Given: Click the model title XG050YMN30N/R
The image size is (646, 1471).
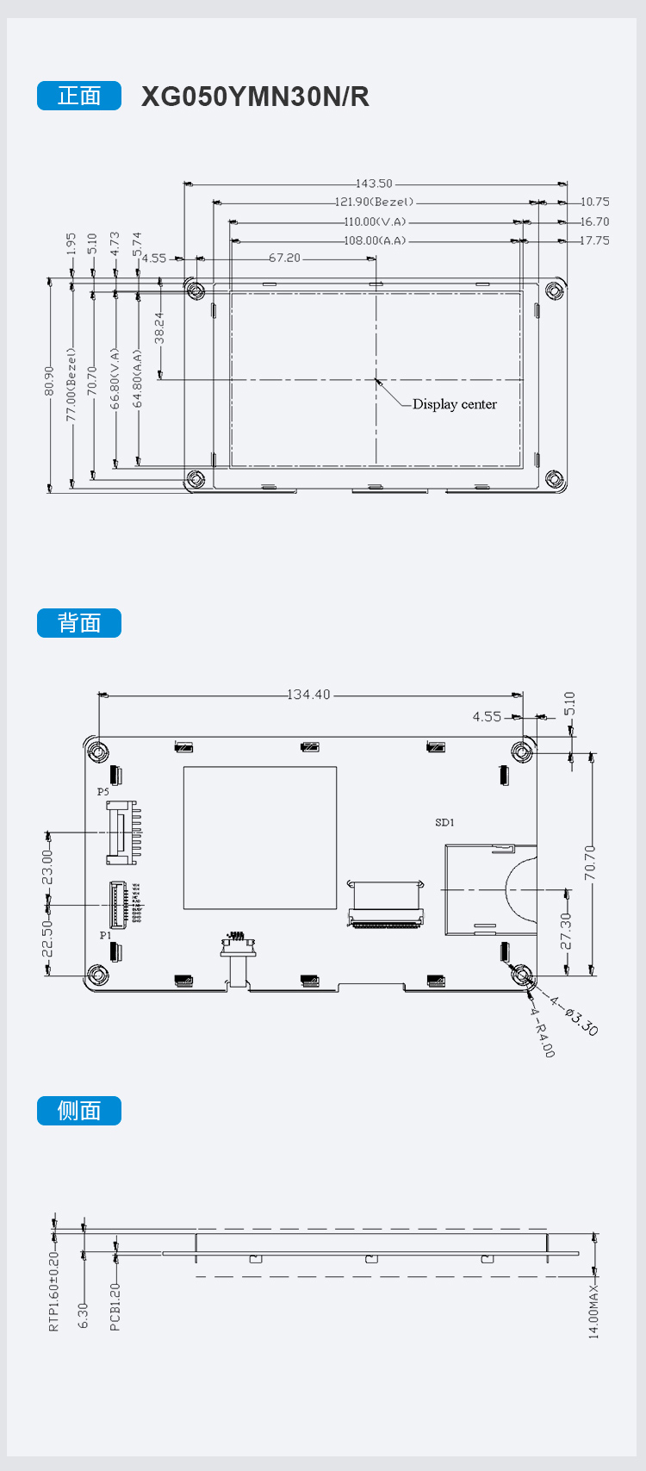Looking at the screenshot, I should [255, 97].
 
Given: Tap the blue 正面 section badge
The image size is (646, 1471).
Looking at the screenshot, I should [79, 96].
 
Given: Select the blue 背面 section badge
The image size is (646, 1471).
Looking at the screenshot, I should [79, 623].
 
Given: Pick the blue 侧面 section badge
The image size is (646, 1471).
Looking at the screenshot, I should [79, 1111].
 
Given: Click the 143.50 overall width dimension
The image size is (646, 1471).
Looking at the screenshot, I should [374, 184].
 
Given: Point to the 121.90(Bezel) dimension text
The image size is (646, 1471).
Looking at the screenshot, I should [374, 203].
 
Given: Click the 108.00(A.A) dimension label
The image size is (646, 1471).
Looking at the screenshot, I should [375, 240].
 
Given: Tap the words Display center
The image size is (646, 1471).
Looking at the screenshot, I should [454, 404].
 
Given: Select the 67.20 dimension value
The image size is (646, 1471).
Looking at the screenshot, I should [284, 258].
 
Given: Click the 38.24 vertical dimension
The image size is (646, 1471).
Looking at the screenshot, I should [159, 327].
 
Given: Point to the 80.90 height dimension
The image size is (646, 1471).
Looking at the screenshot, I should [49, 381].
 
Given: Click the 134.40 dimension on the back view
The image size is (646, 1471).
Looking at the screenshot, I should [308, 695].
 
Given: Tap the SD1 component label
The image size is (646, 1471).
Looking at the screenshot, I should [444, 823].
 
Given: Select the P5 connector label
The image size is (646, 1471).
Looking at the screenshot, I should [103, 791].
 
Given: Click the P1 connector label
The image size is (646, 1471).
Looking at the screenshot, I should [105, 935].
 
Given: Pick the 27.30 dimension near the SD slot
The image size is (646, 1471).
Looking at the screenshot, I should [567, 931].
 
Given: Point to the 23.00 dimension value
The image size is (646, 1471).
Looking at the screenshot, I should [47, 867].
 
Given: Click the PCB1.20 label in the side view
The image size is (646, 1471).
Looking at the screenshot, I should [115, 1306].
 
